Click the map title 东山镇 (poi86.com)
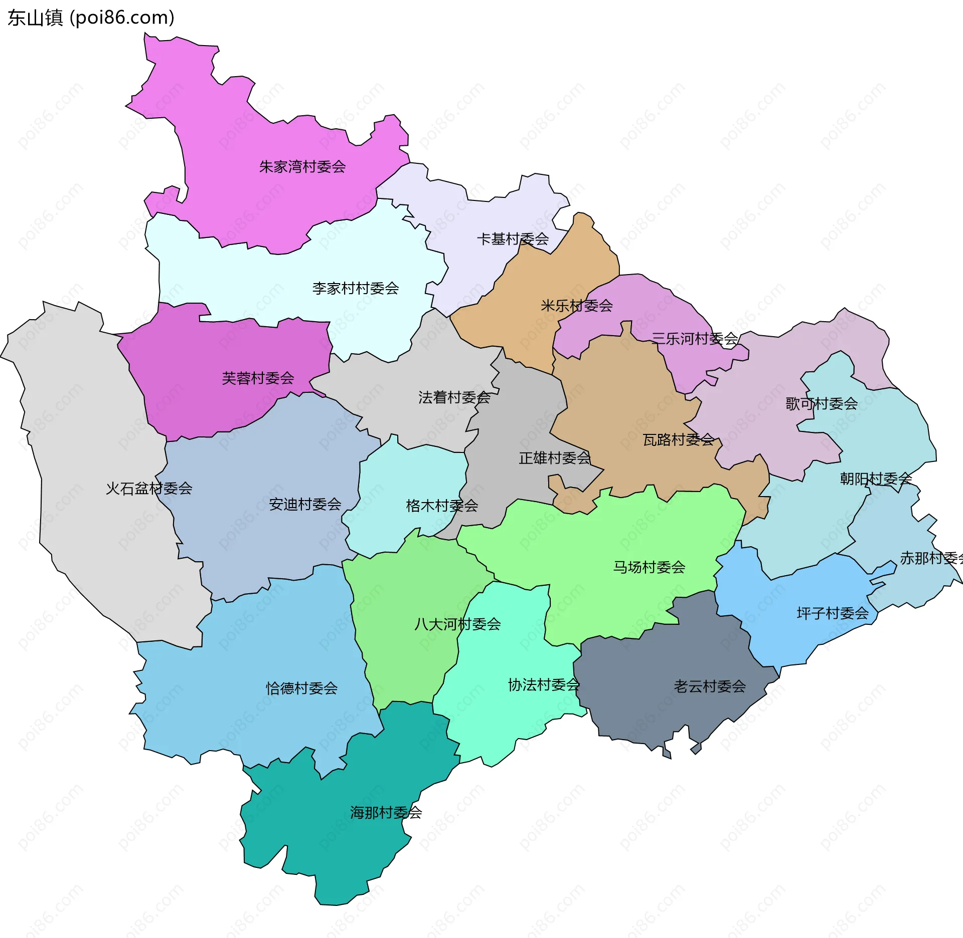coord(91,18)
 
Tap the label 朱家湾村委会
coord(302,167)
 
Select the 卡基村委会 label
coord(513,239)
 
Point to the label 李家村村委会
coord(355,288)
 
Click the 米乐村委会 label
coord(576,306)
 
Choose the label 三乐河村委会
coord(695,339)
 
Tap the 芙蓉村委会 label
coord(258,378)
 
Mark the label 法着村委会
coord(454,397)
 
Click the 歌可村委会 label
coord(821,403)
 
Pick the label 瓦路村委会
coord(679,439)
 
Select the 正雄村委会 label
coord(554,457)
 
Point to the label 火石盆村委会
coord(149,488)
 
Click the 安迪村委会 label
coord(305,504)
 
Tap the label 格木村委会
coord(442,506)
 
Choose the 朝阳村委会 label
coord(876,479)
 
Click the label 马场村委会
coord(649,567)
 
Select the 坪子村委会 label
coord(833,613)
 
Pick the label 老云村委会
coord(710,686)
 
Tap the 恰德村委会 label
coord(301,688)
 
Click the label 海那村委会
coord(386,812)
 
